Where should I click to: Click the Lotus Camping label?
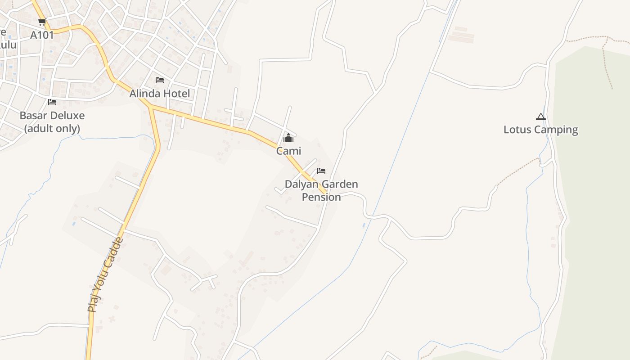click(x=540, y=130)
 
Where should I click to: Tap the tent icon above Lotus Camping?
click(x=540, y=117)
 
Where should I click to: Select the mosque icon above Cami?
click(x=288, y=138)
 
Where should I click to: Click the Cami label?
click(x=288, y=151)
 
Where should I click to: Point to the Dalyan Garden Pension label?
click(x=321, y=190)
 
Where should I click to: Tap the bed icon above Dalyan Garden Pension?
click(x=321, y=171)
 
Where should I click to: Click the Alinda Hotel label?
click(x=160, y=94)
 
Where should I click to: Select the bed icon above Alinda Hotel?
click(x=160, y=80)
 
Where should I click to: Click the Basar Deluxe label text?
click(x=52, y=116)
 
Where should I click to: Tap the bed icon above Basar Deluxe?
click(x=52, y=102)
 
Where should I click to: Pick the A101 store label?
click(x=42, y=35)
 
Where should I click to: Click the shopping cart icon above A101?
click(x=42, y=22)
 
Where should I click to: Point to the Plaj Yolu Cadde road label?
click(x=105, y=274)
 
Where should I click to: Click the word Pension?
click(x=321, y=197)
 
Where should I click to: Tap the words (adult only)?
click(x=52, y=129)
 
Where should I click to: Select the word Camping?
click(x=555, y=130)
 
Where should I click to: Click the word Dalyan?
click(x=299, y=184)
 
